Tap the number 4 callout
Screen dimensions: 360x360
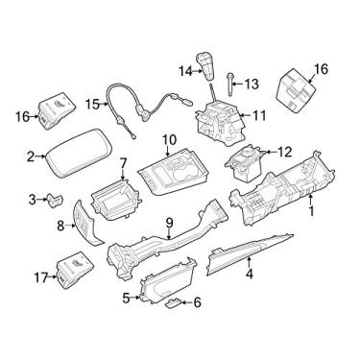point(250,274)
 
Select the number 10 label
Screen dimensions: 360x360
point(169,141)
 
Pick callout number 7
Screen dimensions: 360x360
point(122,165)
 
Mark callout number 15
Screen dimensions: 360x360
point(91,103)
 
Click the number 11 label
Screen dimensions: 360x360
point(259,115)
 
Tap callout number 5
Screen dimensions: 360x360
point(126,298)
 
